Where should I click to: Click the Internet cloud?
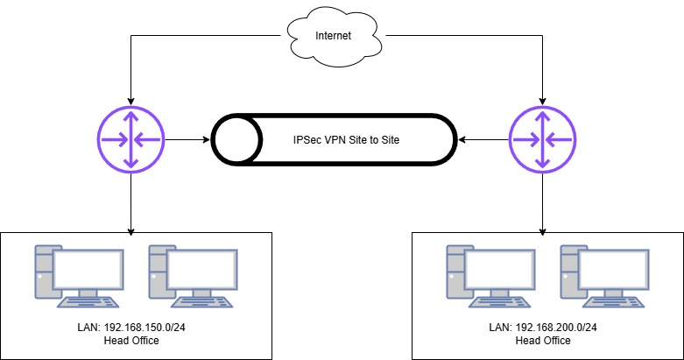334,38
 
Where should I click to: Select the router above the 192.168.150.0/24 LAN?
130,138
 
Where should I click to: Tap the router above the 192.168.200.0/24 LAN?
542,138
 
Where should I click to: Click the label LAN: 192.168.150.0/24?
130,328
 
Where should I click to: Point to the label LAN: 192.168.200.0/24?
542,328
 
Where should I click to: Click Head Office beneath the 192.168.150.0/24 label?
130,340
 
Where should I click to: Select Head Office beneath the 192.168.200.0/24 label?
542,340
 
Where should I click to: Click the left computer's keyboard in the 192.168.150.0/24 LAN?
88,302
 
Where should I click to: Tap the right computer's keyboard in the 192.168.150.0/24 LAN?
201,302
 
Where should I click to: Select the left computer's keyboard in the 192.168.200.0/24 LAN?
499,302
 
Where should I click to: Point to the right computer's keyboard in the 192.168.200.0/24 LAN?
613,302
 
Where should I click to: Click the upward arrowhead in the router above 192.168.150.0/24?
130,115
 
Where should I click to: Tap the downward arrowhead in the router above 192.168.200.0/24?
542,163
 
